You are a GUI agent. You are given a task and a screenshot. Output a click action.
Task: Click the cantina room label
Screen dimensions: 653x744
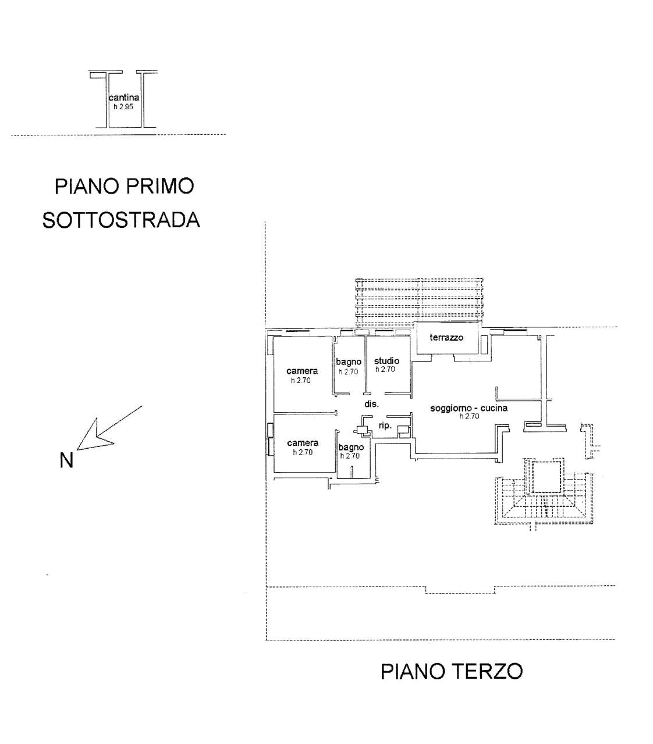124,98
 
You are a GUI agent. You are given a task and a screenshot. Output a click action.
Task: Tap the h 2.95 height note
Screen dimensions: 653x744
123,107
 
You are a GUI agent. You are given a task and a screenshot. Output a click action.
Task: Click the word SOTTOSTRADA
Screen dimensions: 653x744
121,220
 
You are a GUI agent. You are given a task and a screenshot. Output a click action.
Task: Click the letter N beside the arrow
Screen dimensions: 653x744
66,460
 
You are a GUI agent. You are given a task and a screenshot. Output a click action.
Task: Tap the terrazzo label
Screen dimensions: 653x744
446,337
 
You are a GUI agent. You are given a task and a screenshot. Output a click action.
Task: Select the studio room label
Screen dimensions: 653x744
386,361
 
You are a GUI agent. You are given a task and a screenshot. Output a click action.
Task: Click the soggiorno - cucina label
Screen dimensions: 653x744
469,408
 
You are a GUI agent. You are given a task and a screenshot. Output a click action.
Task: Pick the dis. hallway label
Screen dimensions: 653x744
372,404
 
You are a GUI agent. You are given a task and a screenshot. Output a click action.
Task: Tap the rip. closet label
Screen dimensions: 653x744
385,426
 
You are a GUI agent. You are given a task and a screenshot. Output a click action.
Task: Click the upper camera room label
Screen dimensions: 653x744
302,371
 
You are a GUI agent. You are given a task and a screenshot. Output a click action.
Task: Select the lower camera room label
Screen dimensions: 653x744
303,443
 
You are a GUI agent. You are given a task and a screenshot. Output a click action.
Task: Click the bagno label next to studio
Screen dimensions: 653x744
349,362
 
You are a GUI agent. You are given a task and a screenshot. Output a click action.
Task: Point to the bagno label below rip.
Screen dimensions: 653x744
351,447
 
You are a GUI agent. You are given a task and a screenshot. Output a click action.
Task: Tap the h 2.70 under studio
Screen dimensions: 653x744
385,369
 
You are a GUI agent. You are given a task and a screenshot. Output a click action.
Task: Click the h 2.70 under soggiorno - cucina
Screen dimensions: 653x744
469,416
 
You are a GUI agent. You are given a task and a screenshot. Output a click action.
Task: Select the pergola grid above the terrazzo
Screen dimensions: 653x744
420,301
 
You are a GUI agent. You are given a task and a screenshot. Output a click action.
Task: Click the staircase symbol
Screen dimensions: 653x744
542,500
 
